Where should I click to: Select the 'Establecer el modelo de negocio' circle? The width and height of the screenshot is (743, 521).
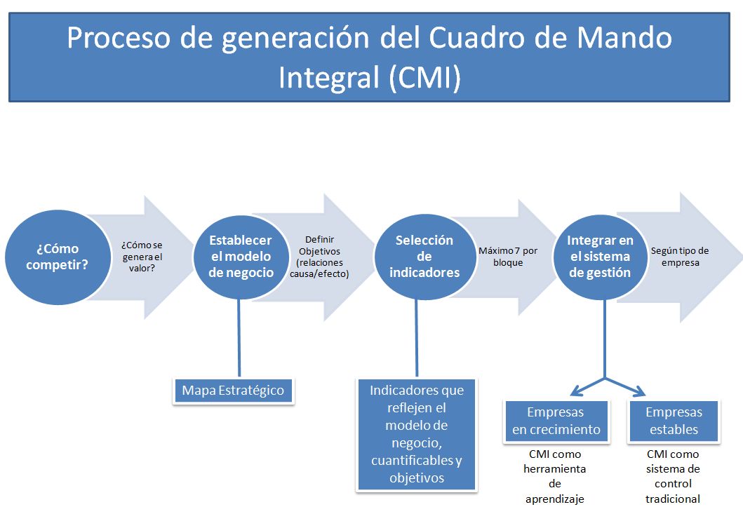[x=241, y=256]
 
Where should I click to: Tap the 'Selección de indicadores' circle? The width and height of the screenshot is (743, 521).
[x=424, y=256]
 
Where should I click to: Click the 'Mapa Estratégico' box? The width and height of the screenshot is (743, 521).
[x=233, y=391]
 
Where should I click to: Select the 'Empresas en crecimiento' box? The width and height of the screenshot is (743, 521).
[x=556, y=421]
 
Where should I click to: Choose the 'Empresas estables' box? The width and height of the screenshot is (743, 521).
[x=674, y=421]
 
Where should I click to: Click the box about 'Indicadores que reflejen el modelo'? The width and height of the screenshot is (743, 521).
[x=417, y=435]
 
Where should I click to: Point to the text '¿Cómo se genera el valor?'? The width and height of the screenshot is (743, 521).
[x=147, y=257]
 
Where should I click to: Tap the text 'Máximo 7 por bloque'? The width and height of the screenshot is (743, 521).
[x=508, y=257]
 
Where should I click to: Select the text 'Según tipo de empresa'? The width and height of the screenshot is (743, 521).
[x=680, y=257]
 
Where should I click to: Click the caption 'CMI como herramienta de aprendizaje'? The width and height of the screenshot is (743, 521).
[x=555, y=477]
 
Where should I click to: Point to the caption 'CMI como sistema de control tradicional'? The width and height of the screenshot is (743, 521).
[x=673, y=477]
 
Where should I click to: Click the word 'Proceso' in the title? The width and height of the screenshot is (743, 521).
[x=120, y=39]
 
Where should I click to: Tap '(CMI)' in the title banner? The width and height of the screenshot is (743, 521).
[x=424, y=77]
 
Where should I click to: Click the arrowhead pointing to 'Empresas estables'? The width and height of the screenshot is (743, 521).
[x=639, y=391]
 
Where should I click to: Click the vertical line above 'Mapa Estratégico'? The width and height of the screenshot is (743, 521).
[x=239, y=337]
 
